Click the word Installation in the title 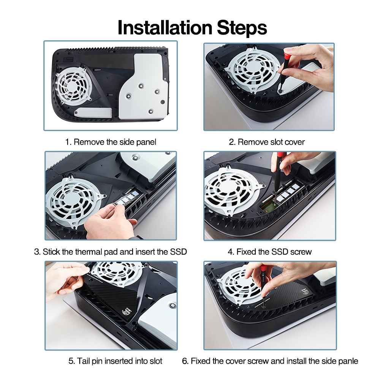(x=165, y=27)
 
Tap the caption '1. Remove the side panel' (x=111, y=142)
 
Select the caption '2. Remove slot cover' (x=267, y=142)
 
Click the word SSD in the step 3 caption (x=178, y=252)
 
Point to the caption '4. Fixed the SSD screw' (x=269, y=252)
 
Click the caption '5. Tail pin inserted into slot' (x=115, y=361)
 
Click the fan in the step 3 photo (x=74, y=203)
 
